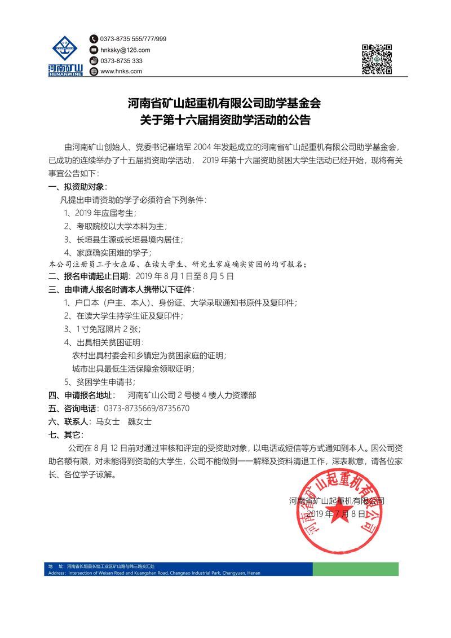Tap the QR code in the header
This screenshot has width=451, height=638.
click(x=377, y=59)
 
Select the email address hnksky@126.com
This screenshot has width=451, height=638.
click(x=125, y=50)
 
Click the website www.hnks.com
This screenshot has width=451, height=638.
click(x=121, y=71)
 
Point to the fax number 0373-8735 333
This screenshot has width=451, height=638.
click(x=121, y=60)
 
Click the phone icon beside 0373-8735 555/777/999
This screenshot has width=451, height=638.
click(x=94, y=39)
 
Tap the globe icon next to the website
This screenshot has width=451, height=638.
click(x=94, y=71)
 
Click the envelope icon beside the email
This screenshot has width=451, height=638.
click(x=94, y=50)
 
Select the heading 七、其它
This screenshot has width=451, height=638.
click(x=67, y=435)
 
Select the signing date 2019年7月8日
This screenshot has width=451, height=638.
click(x=337, y=514)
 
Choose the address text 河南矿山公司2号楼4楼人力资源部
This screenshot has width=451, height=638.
click(x=192, y=395)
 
